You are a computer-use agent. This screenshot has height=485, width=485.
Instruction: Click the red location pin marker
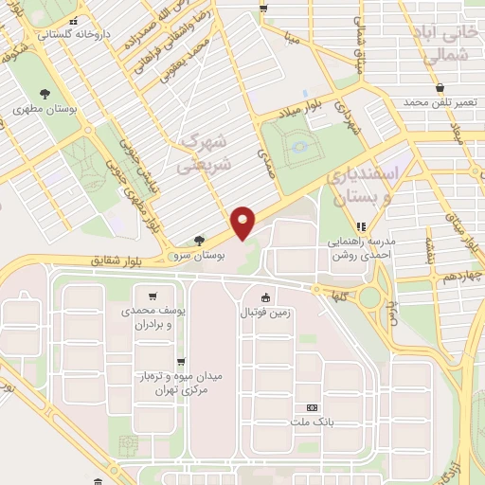pos(243,222)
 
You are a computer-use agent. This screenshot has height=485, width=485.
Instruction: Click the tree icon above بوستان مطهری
pos(45,93)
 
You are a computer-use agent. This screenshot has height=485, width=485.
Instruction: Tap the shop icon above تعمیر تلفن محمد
pos(439,87)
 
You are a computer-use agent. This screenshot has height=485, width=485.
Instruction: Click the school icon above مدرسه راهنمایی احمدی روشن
pos(360,226)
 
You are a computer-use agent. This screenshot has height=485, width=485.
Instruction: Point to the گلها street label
pos(333,296)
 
